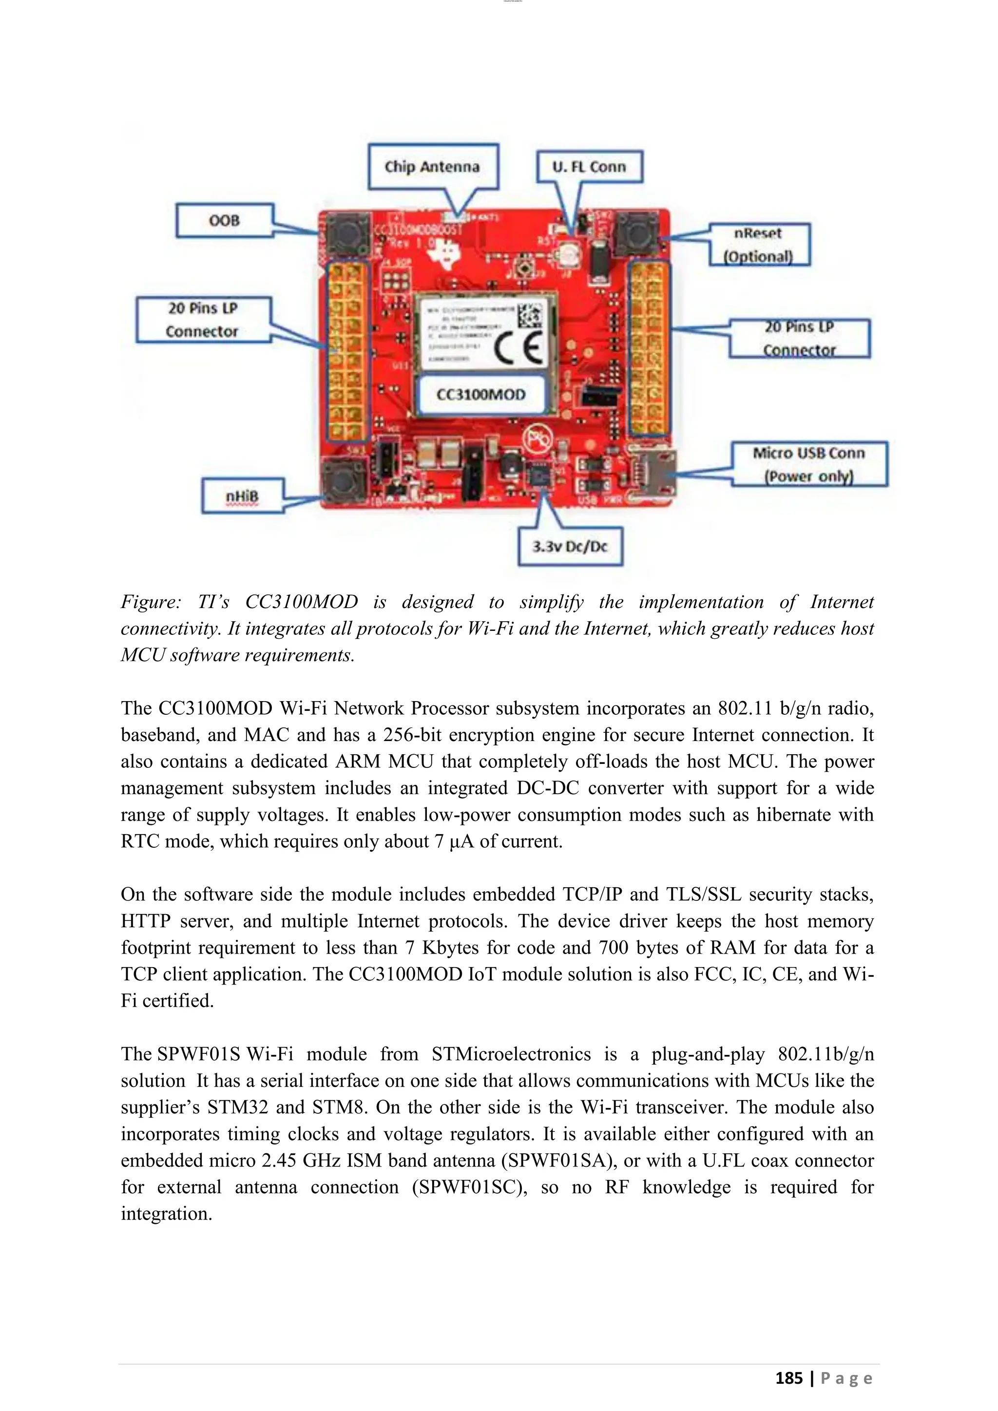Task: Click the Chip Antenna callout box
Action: [x=433, y=167]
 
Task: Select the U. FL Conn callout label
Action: [x=589, y=167]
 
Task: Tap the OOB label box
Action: [x=224, y=221]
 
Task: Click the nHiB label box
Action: [x=242, y=496]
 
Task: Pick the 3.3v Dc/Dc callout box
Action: [x=570, y=546]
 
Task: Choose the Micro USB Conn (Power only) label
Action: [x=809, y=464]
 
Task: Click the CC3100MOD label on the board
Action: [x=480, y=395]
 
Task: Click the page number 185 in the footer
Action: [x=788, y=1378]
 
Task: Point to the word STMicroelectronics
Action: [x=511, y=1054]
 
